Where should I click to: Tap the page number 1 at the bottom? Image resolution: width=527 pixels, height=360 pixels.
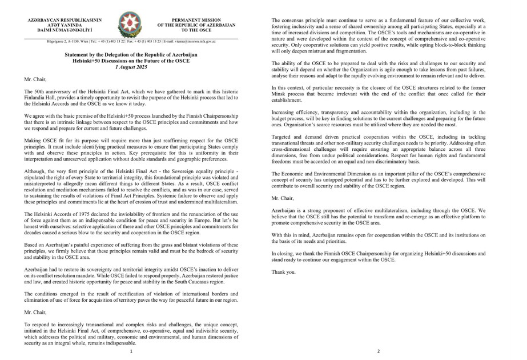click(x=131, y=351)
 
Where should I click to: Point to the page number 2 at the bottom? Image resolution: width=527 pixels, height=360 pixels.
click(x=379, y=351)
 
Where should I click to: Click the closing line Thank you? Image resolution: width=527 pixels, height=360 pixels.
click(x=284, y=272)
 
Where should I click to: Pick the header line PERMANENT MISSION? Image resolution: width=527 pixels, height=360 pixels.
click(x=196, y=20)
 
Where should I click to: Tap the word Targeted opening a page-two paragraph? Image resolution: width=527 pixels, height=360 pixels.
click(x=282, y=138)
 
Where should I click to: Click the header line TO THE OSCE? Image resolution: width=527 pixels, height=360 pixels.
click(x=196, y=30)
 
